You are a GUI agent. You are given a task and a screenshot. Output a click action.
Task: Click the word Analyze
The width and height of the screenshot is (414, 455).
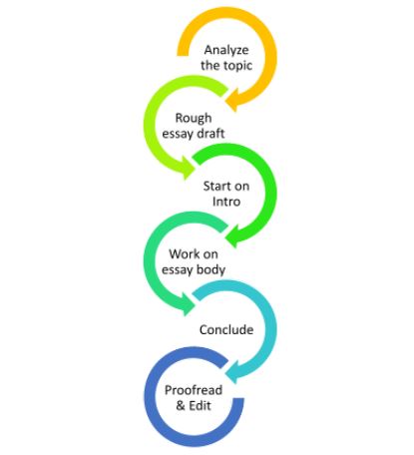point(226,50)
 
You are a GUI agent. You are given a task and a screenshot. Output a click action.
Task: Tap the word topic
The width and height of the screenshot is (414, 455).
point(235,66)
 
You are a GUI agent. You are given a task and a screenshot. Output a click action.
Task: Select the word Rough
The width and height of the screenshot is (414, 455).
point(194,119)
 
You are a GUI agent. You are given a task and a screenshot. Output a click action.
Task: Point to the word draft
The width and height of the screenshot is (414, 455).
point(210,134)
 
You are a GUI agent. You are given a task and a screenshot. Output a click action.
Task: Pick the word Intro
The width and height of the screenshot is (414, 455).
point(226,202)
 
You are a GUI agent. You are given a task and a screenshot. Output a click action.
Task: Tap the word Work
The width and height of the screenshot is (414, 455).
point(183,254)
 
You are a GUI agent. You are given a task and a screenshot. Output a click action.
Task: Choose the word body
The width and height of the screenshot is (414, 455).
point(210,269)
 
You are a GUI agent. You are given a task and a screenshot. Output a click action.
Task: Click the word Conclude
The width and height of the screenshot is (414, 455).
point(226,329)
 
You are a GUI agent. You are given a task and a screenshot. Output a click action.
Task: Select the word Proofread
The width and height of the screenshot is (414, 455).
point(194,390)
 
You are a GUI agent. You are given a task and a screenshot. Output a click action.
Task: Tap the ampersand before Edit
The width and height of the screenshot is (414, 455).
point(181,405)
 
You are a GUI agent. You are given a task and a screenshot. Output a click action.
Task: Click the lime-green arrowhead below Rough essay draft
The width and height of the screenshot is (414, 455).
point(189,169)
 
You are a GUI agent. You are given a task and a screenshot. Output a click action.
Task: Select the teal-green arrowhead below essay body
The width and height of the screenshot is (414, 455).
point(189,304)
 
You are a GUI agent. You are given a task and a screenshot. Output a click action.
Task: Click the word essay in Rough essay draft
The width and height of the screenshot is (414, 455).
point(178,134)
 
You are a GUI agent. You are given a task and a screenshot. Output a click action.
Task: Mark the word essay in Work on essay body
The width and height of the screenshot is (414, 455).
point(178,269)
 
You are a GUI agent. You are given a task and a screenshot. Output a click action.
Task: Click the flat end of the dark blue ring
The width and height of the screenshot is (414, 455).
point(238,399)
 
